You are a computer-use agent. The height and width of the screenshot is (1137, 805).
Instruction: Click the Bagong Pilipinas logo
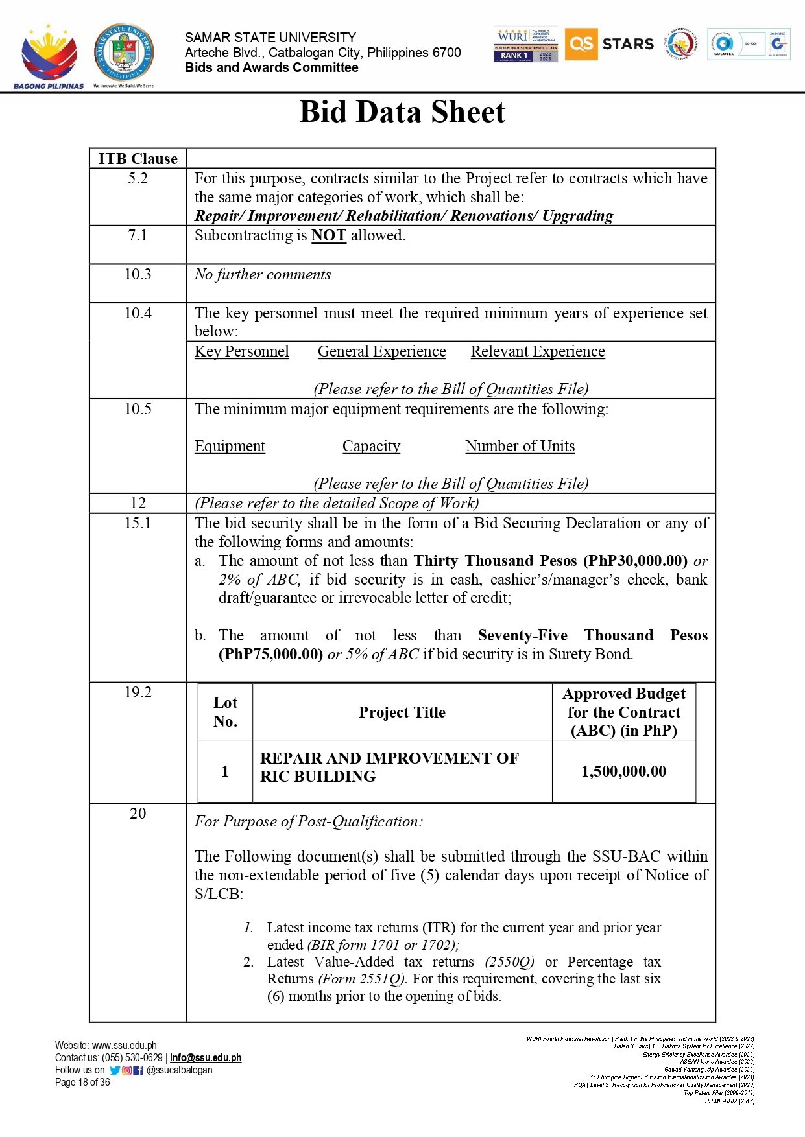[x=49, y=57]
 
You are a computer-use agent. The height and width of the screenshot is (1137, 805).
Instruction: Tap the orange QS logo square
[x=581, y=44]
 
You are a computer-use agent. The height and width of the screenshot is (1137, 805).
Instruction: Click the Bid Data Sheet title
[x=402, y=112]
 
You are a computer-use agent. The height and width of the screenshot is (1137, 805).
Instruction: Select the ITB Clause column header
[x=138, y=159]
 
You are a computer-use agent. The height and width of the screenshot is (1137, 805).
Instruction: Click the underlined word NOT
[x=328, y=235]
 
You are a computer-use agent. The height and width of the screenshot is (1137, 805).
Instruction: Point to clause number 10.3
[x=138, y=274]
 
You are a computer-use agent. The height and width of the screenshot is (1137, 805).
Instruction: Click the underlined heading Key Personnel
[x=242, y=351]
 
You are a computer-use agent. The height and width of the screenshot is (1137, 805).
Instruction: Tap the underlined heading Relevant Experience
[x=538, y=351]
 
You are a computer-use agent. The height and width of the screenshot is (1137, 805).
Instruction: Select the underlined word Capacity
[x=371, y=446]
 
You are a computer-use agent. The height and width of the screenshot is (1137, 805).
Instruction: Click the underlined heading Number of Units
[x=520, y=446]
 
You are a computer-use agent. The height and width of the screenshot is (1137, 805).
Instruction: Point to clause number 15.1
[x=138, y=523]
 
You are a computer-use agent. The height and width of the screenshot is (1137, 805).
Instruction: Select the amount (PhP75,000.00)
[x=270, y=654]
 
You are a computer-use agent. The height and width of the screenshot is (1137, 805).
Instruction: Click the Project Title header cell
[x=402, y=712]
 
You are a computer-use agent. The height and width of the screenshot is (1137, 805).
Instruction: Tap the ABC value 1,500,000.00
[x=623, y=771]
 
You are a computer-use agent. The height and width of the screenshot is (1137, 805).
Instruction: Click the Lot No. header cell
[x=225, y=712]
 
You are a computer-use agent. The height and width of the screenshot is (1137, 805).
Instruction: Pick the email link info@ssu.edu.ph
[x=206, y=1058]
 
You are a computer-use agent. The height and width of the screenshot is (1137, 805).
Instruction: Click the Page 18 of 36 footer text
[x=82, y=1083]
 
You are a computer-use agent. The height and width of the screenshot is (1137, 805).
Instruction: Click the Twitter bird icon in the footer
[x=115, y=1071]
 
